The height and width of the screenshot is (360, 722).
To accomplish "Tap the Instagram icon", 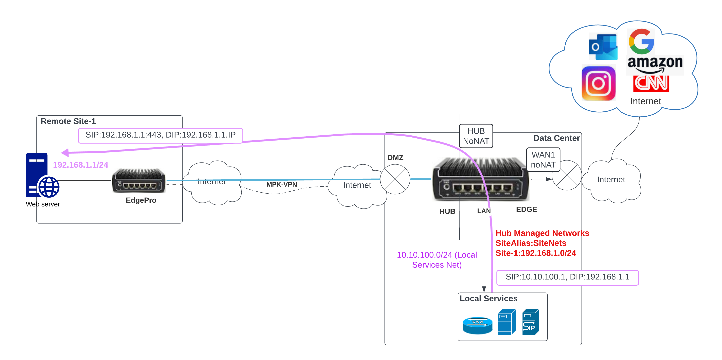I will [598, 83].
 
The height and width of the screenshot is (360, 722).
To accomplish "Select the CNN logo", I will [651, 83].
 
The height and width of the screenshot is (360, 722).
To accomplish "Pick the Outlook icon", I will [603, 46].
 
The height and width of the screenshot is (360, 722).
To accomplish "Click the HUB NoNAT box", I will [476, 136].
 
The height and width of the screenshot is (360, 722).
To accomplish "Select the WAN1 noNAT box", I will [543, 159].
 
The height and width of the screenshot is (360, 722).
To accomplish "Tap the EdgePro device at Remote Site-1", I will [138, 181].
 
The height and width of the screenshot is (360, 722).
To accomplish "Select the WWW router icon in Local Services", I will [477, 325].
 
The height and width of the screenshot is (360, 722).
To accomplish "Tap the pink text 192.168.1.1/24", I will [80, 165].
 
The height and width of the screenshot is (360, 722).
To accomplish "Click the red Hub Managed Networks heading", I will [542, 233].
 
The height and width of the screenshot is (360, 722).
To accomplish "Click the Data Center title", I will [556, 138].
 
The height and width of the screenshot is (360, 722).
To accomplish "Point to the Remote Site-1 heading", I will [68, 121].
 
